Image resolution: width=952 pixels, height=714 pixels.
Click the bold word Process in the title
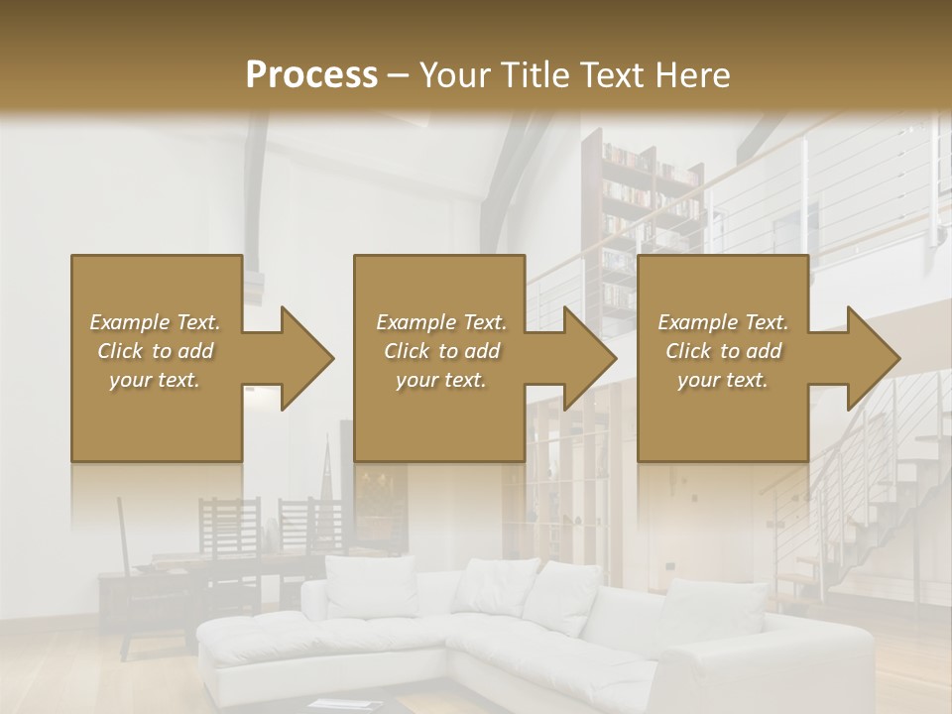[x=311, y=75]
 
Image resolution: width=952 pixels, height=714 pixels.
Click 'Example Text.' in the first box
[x=155, y=322]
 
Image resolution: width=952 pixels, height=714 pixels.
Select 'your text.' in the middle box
[x=440, y=380]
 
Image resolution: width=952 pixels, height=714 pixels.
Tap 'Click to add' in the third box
[x=723, y=351]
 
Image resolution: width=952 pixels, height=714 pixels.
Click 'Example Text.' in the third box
[x=723, y=322]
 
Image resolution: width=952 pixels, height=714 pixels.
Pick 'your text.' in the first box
[x=155, y=380]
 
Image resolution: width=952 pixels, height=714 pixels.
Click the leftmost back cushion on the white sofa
[x=372, y=585]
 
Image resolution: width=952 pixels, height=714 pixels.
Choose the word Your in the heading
[x=453, y=75]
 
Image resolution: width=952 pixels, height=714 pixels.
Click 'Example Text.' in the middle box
[x=440, y=322]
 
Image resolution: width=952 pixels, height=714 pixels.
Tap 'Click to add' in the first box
[x=155, y=351]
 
